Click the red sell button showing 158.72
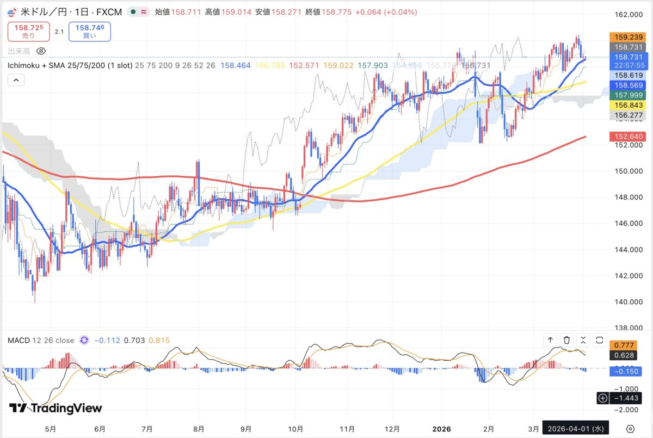point(28,32)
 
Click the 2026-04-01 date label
point(578,428)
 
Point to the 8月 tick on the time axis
point(199,428)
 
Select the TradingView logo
point(56,408)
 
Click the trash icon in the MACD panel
point(566,340)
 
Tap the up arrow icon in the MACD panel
point(550,340)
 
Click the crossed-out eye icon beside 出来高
point(41,51)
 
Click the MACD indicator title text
point(41,341)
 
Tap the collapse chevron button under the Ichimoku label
point(16,81)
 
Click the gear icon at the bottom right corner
point(630,428)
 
